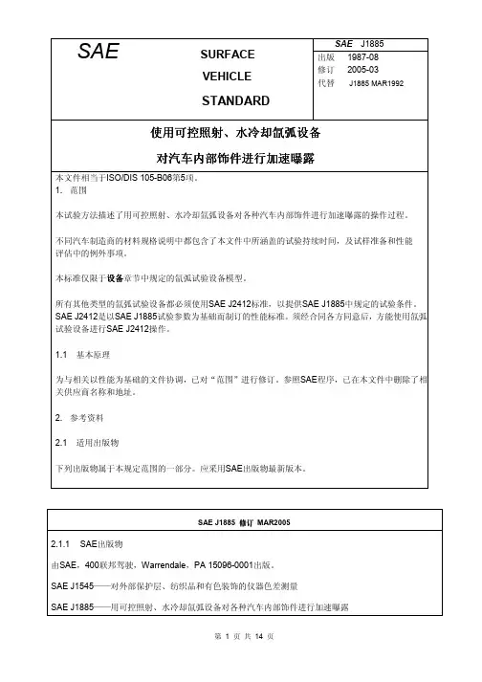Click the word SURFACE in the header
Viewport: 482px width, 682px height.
click(x=230, y=55)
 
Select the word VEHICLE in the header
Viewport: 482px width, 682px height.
click(x=230, y=77)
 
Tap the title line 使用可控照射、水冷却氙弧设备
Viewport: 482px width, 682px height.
click(x=240, y=131)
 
